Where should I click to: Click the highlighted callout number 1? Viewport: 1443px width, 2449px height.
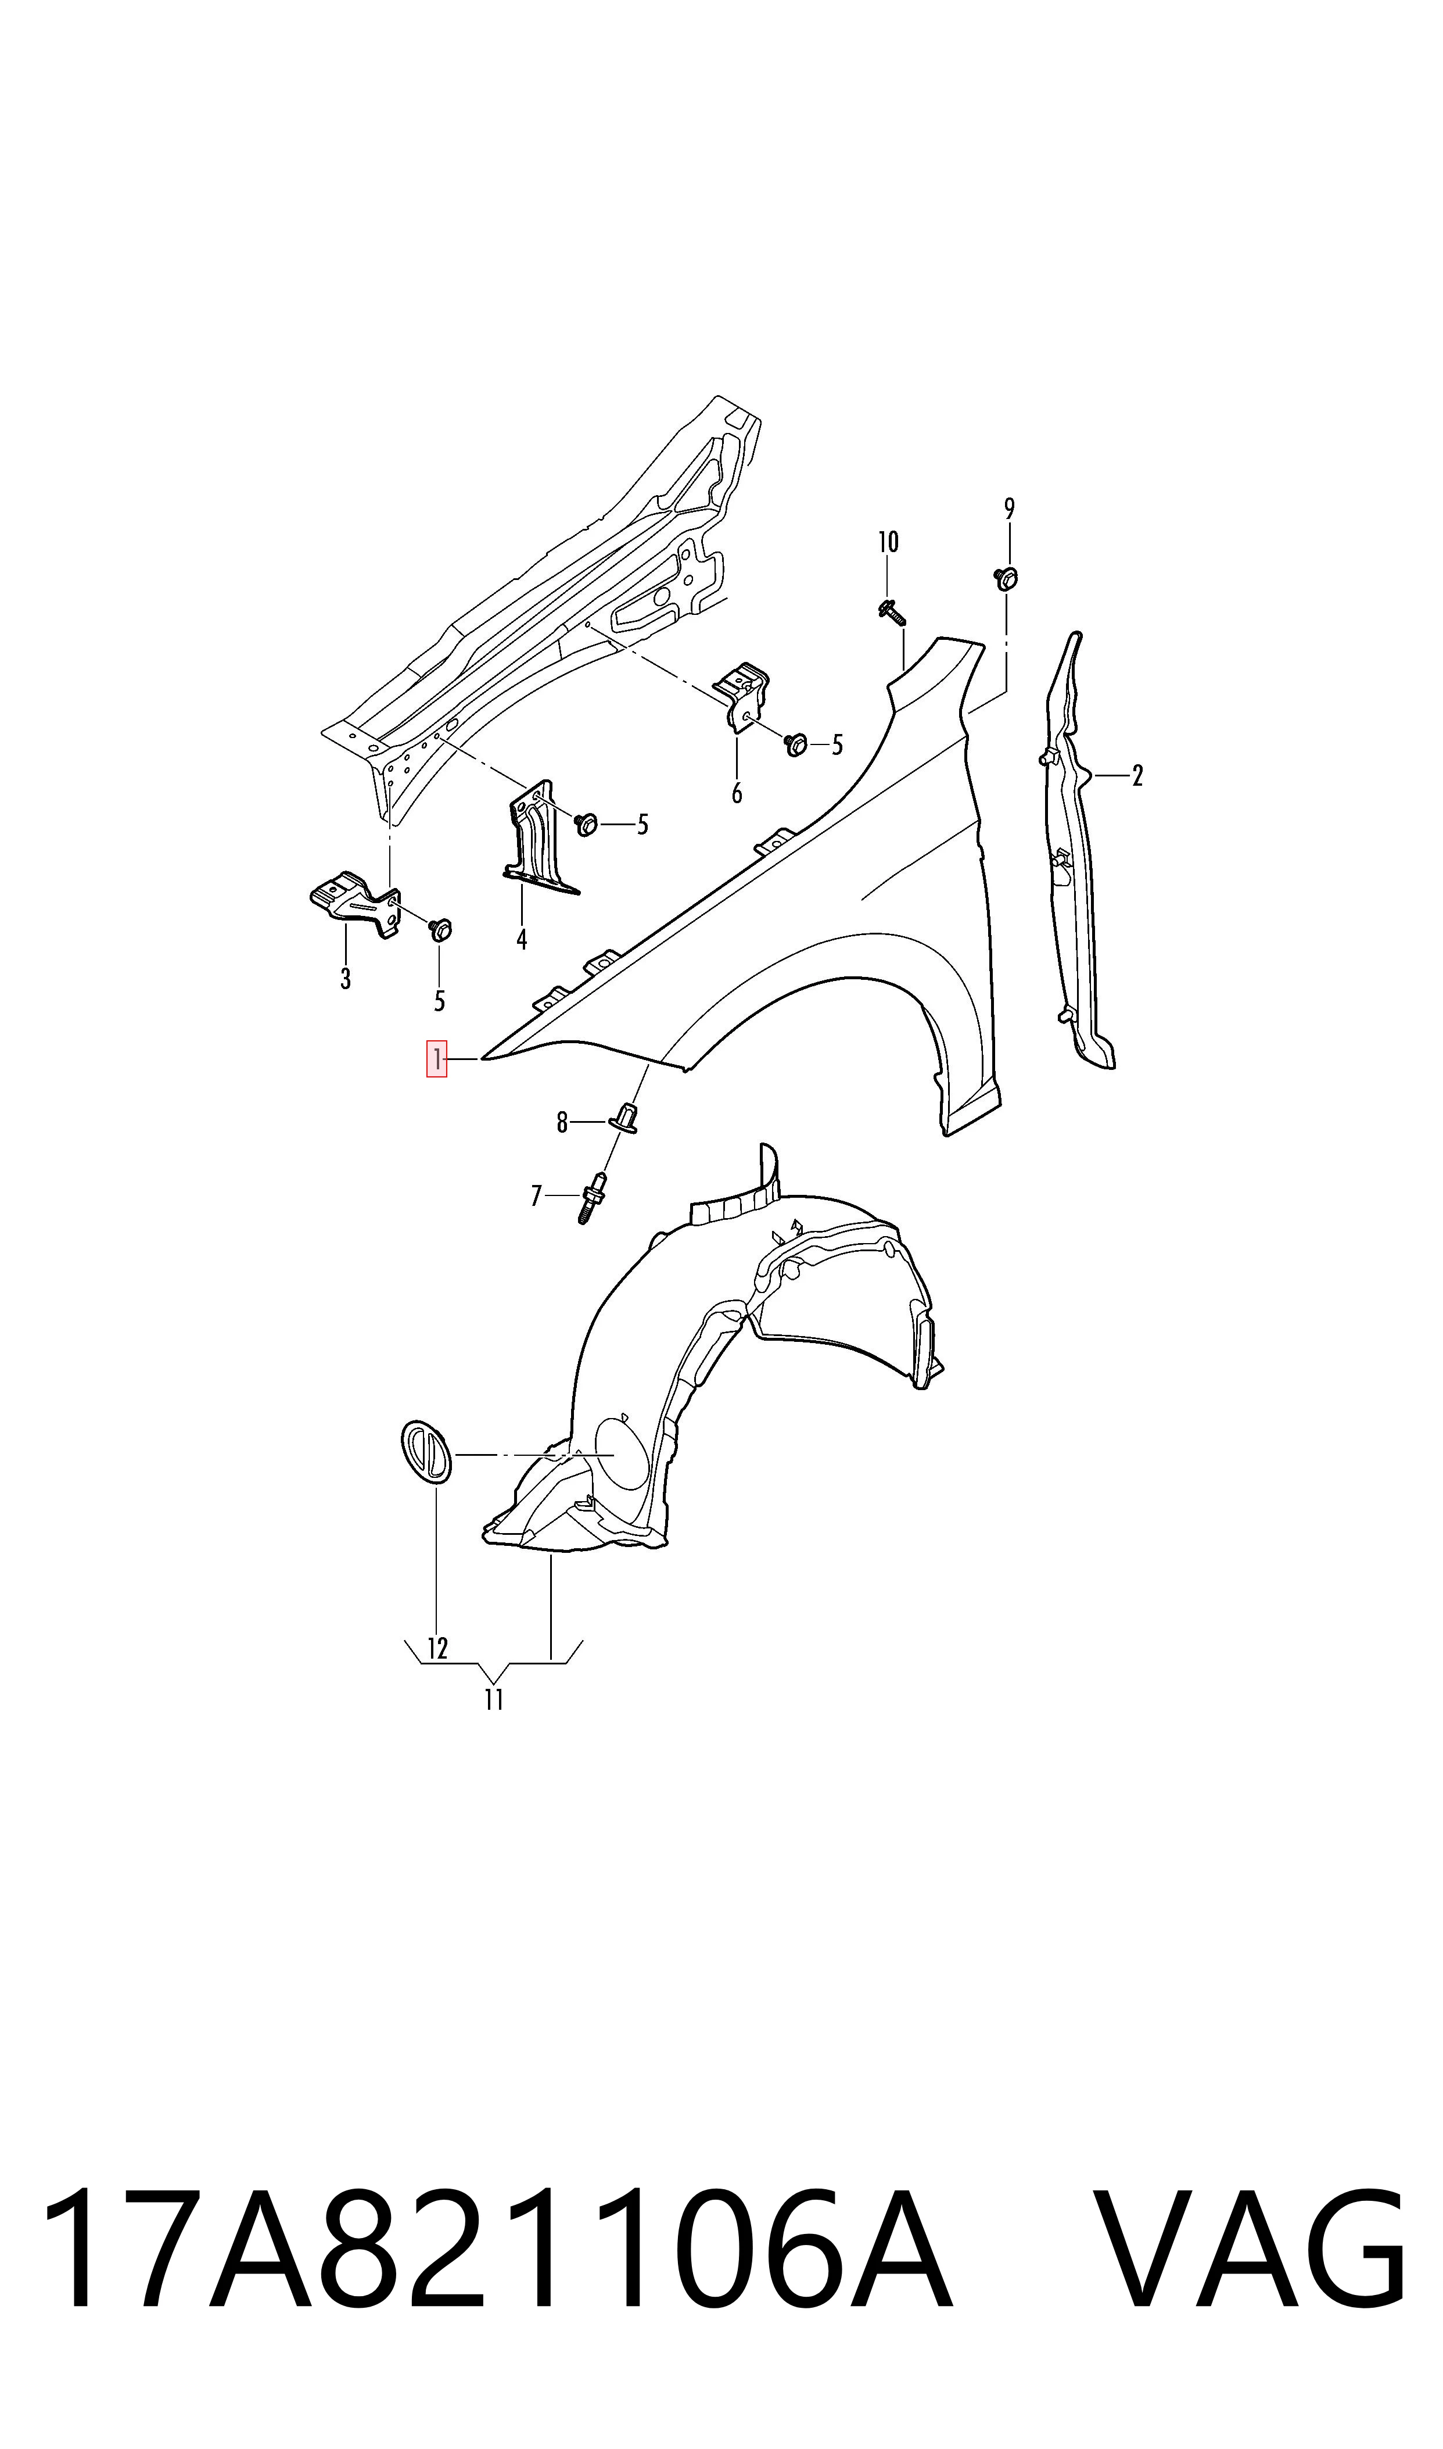click(437, 1058)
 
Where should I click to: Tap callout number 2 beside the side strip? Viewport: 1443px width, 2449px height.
click(1137, 776)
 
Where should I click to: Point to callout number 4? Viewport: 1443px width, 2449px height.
click(522, 940)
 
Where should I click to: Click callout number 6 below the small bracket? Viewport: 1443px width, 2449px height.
click(737, 794)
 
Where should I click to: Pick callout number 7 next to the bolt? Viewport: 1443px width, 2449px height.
click(536, 1195)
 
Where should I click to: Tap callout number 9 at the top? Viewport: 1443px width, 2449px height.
click(1009, 509)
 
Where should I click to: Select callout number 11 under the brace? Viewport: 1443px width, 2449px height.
click(494, 1700)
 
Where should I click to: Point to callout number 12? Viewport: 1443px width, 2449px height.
click(437, 1649)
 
